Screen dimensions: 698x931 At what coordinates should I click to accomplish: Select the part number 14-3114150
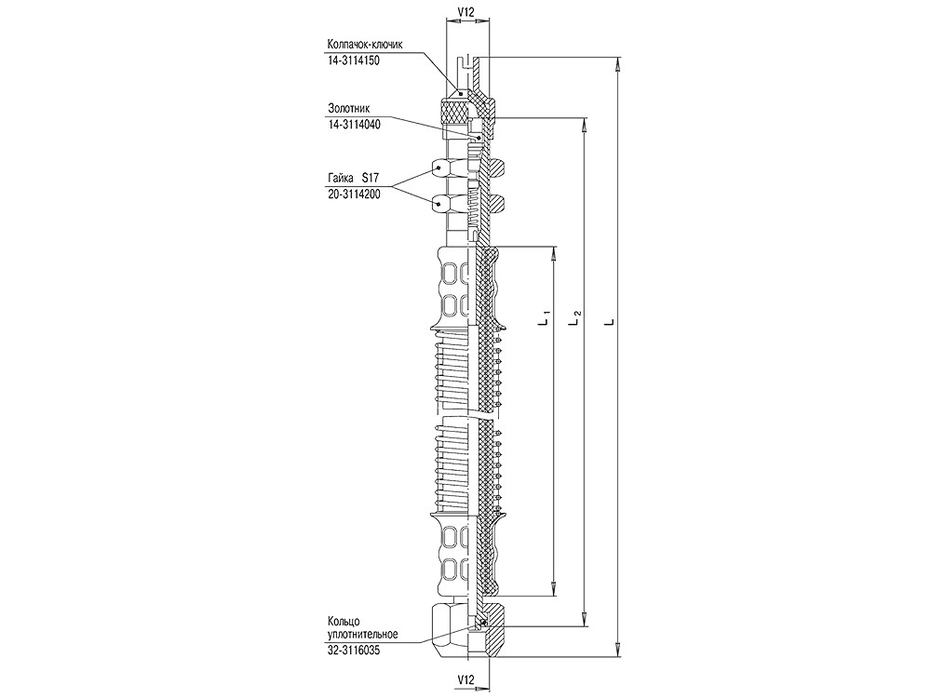click(x=355, y=59)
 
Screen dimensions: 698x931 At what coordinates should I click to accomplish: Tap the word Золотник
click(x=348, y=107)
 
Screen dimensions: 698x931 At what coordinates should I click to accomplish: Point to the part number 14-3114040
click(x=355, y=123)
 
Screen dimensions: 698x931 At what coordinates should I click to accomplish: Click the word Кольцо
click(x=344, y=621)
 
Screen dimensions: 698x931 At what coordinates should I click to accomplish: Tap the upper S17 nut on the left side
click(x=443, y=168)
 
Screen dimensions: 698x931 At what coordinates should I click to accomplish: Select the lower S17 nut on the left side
click(x=443, y=201)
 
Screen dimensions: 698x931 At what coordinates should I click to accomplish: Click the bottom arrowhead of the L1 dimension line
click(x=555, y=589)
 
